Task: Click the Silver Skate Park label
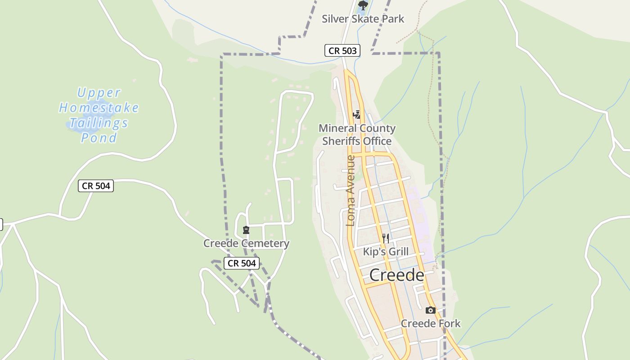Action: point(363,19)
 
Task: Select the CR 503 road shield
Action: point(342,51)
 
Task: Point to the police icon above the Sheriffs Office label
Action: point(357,115)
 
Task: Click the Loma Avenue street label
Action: point(351,190)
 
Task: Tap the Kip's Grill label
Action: point(386,252)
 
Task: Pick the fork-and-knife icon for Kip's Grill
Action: point(385,238)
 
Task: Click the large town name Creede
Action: point(396,275)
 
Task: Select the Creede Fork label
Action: point(431,323)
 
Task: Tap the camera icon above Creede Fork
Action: point(431,310)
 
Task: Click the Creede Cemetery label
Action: point(246,243)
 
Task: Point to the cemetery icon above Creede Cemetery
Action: point(246,230)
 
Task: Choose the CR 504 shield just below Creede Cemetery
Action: point(242,263)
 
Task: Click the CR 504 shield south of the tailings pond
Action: point(96,186)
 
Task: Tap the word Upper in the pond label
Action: point(99,93)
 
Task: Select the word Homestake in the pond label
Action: point(99,108)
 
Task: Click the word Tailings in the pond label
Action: point(99,123)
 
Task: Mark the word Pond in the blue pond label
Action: point(99,138)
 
